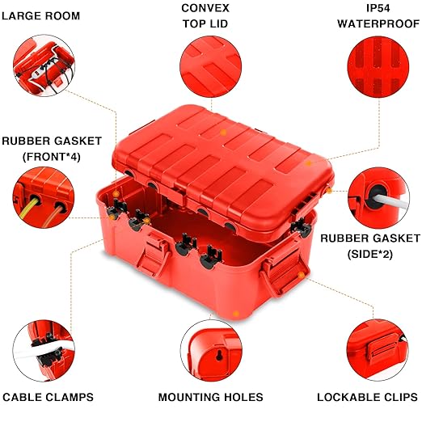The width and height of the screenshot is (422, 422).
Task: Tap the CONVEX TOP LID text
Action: tap(205, 15)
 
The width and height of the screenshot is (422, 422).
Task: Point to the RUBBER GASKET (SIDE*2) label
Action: tap(370, 246)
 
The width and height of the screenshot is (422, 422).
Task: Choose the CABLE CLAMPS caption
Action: tap(48, 397)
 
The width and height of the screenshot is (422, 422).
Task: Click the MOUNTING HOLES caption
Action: tap(210, 397)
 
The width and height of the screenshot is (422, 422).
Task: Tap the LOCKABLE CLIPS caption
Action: tap(367, 397)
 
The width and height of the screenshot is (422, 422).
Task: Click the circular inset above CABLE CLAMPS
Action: tap(45, 350)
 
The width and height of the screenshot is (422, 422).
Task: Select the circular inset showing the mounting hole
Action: tap(210, 350)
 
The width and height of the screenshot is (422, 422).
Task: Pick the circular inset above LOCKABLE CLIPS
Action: tap(377, 350)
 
